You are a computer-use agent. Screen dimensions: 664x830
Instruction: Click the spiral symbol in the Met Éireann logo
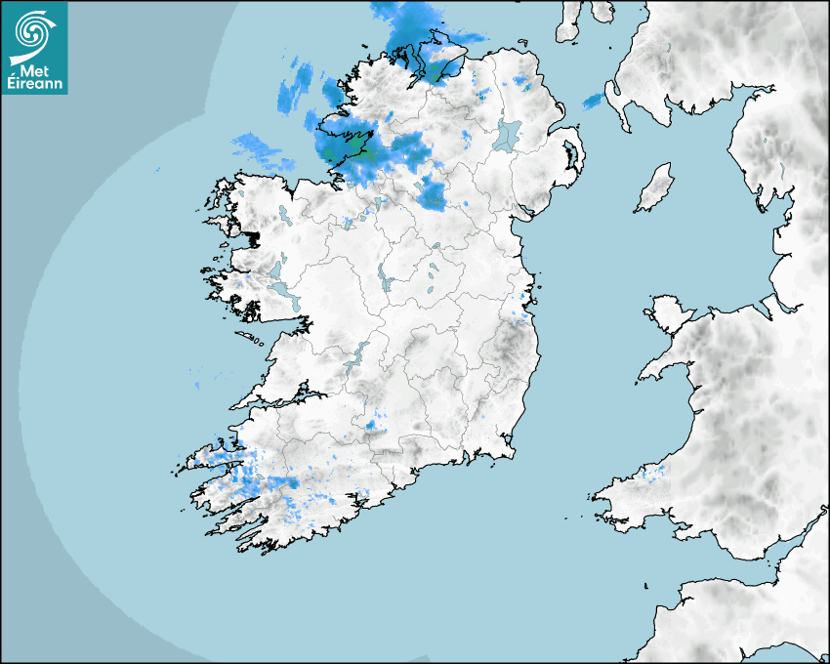tap(33, 33)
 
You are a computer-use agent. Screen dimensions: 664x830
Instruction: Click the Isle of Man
tap(655, 188)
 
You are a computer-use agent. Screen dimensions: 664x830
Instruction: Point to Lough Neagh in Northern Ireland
tap(508, 134)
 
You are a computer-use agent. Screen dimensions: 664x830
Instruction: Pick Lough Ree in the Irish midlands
tap(384, 277)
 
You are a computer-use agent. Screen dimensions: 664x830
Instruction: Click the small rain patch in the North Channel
tap(593, 101)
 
